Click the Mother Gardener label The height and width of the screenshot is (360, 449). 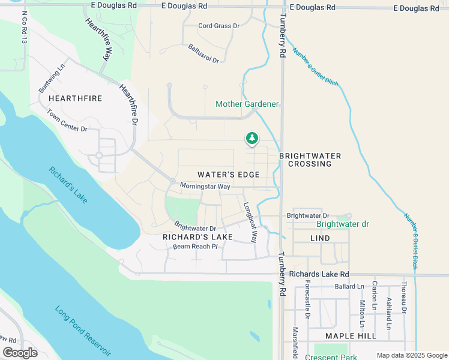pos(247,104)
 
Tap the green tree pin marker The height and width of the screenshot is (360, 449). pos(252,139)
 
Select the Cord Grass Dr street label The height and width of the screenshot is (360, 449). pos(219,26)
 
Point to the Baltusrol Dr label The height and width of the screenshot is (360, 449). pos(204,53)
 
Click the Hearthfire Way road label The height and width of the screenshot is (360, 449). pos(100,39)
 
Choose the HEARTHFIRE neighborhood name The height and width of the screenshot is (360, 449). pos(75,98)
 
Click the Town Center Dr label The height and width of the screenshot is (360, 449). pos(67,122)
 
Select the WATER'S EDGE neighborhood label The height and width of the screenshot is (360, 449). pos(229,175)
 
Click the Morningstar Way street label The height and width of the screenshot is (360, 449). pos(206,187)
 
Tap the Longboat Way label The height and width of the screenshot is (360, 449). pos(250,220)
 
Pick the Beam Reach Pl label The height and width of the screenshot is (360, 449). pos(194,247)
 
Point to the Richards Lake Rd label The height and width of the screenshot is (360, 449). pos(319,274)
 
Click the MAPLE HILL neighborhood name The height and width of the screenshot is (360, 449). pos(351,336)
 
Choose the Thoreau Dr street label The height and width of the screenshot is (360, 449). pos(404,298)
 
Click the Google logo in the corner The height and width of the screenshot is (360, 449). pos(20,353)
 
